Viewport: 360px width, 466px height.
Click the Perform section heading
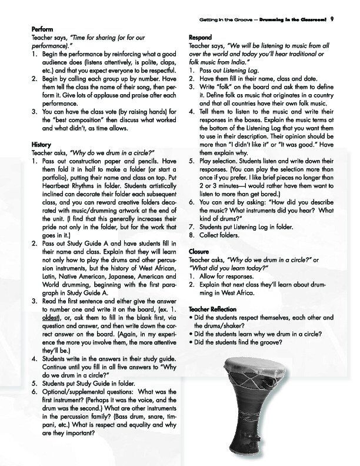point(42,28)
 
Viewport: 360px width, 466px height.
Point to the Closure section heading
point(199,251)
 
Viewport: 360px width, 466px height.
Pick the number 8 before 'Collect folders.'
point(192,235)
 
